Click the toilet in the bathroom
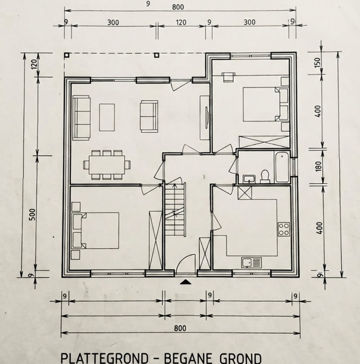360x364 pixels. point(265,176)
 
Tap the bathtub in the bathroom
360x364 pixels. point(282,167)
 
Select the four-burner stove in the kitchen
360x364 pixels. point(284,229)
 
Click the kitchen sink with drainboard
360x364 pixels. point(252,263)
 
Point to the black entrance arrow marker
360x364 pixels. point(186,282)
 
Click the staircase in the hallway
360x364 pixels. point(175,209)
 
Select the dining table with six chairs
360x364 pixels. point(106,165)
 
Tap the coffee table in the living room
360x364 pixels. point(107,117)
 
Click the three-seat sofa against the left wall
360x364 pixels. point(81,117)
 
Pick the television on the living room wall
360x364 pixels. point(207,117)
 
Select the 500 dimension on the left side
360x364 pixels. point(33,215)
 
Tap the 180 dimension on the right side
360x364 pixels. point(319,166)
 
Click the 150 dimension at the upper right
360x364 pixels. point(317,62)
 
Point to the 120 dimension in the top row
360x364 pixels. point(181,22)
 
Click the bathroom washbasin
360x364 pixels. point(249,179)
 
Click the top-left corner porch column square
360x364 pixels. point(67,55)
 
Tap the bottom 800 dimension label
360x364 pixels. point(180,328)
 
